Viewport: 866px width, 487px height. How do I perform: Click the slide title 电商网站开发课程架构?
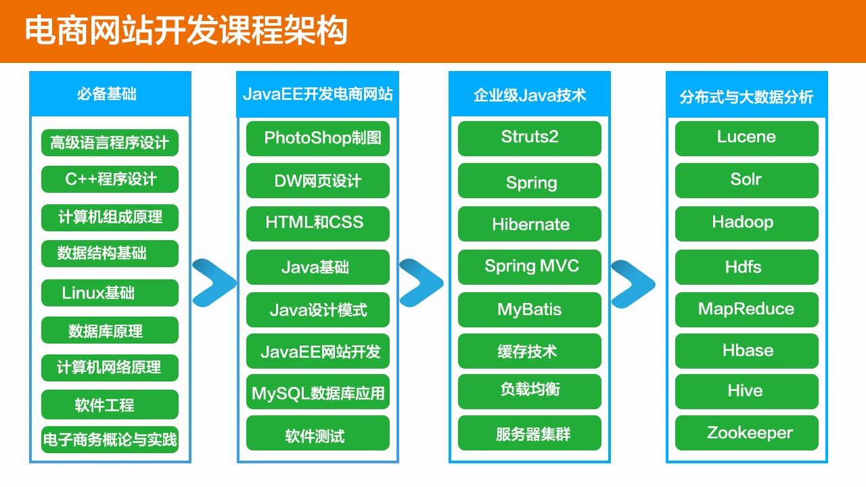coord(187,31)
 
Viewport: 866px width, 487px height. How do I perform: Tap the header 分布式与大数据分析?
coord(746,97)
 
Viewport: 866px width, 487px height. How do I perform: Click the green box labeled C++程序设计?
coord(110,179)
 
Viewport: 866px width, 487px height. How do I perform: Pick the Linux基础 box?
coord(110,293)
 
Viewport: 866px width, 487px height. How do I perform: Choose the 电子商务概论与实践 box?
coord(110,440)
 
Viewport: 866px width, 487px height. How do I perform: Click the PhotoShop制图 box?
coord(317,139)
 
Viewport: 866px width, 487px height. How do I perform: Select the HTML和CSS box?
coord(317,223)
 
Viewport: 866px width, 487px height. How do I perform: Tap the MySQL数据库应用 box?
coord(317,392)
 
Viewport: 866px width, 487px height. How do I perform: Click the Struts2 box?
coord(529,138)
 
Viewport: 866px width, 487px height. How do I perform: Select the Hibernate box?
coord(529,224)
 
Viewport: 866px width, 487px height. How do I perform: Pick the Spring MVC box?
coord(529,266)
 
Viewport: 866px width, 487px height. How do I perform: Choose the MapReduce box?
coord(746,309)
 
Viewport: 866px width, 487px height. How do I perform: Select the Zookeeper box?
coord(746,433)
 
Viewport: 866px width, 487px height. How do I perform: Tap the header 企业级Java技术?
coord(529,95)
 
